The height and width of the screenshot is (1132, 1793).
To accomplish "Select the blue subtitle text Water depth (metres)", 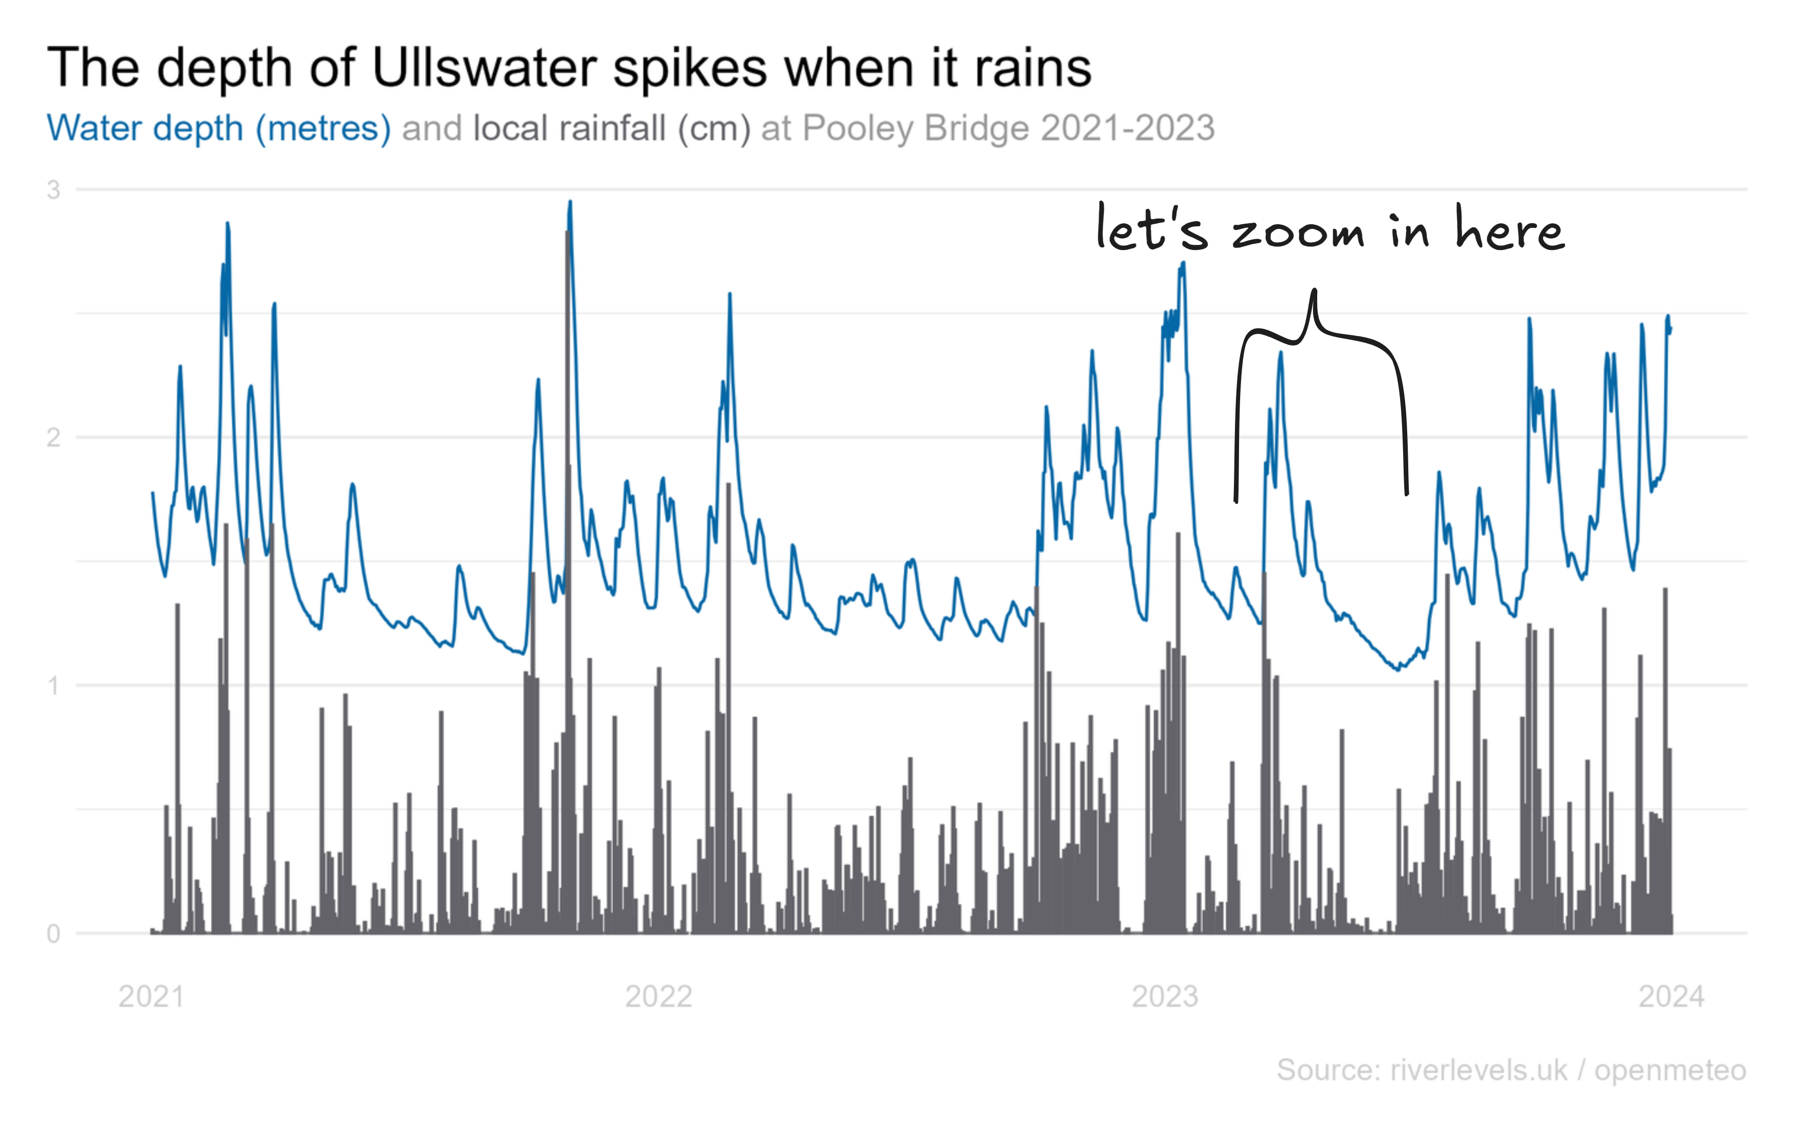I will point(218,129).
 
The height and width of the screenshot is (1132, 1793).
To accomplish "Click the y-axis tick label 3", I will point(53,190).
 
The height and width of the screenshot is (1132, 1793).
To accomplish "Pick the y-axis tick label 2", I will point(53,437).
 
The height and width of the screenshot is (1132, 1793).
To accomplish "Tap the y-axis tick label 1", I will point(53,685).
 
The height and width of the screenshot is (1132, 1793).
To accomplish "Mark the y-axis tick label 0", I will point(53,933).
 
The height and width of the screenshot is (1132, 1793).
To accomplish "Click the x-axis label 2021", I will point(151,996).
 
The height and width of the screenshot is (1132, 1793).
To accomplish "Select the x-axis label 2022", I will point(658,996).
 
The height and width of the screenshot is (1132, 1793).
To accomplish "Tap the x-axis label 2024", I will point(1671,996).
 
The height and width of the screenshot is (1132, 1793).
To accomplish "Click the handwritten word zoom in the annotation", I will point(1298,232).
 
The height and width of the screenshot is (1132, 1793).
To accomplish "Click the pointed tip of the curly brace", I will point(1314,291).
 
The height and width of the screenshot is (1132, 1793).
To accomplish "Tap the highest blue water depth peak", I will point(570,202).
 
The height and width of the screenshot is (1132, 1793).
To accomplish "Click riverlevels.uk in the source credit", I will point(1478,1070).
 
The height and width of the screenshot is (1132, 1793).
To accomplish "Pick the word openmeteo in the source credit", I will point(1670,1070).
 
